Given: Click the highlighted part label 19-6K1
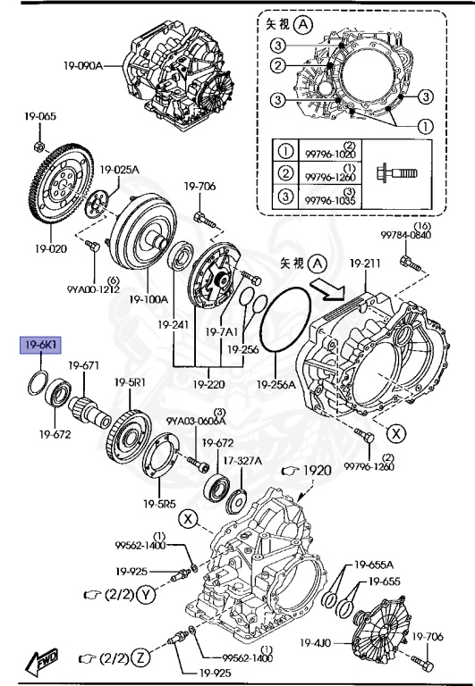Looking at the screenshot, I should (x=41, y=343).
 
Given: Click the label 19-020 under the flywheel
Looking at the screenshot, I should (x=53, y=247).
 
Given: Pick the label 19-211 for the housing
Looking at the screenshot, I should (x=365, y=264).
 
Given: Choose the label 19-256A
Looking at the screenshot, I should (x=276, y=385).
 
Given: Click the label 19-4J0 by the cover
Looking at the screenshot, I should (x=316, y=641).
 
